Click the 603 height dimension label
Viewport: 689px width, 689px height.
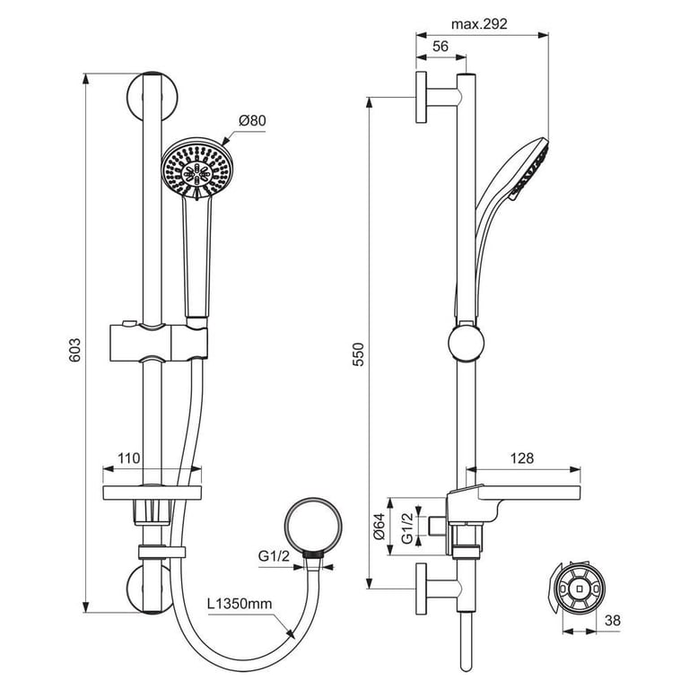click(x=75, y=350)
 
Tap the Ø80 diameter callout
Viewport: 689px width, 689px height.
click(x=252, y=120)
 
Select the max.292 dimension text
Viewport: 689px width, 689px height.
click(x=479, y=23)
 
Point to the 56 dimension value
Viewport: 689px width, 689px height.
click(x=440, y=47)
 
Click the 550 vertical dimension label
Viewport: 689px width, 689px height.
click(x=359, y=354)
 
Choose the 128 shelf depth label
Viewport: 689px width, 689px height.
click(x=522, y=458)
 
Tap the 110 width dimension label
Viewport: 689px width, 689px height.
click(x=128, y=458)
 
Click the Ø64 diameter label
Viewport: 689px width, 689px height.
click(x=379, y=526)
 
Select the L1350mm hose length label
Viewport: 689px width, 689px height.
click(x=240, y=603)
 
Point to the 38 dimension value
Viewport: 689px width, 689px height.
click(x=613, y=620)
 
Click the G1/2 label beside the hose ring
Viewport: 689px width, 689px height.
click(x=274, y=556)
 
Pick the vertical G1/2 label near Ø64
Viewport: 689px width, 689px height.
click(x=407, y=528)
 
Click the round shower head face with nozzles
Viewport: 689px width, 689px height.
click(x=197, y=169)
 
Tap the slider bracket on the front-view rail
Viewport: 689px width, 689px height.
click(x=158, y=342)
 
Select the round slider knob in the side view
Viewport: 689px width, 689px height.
click(x=467, y=343)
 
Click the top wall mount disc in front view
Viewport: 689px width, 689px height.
click(x=153, y=96)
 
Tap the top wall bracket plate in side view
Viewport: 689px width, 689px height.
click(x=421, y=97)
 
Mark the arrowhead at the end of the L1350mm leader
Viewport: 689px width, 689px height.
click(x=291, y=634)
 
